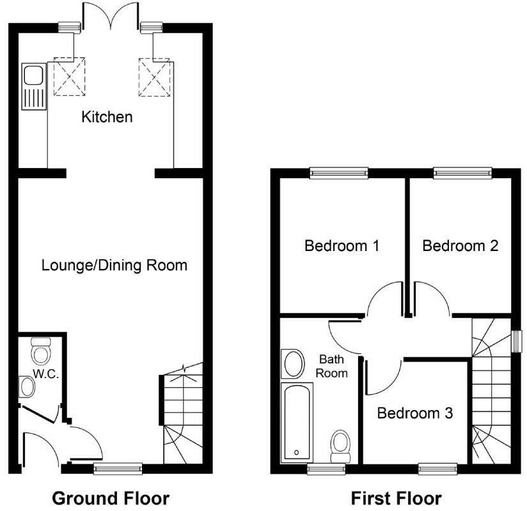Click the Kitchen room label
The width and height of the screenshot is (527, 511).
[x=107, y=117]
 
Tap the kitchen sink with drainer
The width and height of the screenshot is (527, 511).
[x=33, y=86]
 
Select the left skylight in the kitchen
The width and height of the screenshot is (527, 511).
[x=68, y=77]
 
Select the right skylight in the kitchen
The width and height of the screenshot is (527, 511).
[x=154, y=77]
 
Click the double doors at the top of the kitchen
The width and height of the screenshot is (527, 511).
[x=111, y=16]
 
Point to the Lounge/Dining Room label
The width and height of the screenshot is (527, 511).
[x=114, y=264]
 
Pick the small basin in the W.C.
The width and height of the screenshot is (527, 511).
[x=28, y=386]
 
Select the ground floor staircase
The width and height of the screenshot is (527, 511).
[x=182, y=415]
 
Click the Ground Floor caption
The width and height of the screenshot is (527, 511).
[x=110, y=498]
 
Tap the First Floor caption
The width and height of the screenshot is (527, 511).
[x=396, y=498]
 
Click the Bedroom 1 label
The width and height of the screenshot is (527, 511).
[x=342, y=245]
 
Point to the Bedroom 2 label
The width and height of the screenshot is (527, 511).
[x=460, y=245]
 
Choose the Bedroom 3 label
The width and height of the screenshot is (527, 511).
[x=414, y=413]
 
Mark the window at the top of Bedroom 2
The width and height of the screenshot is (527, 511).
[x=462, y=172]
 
